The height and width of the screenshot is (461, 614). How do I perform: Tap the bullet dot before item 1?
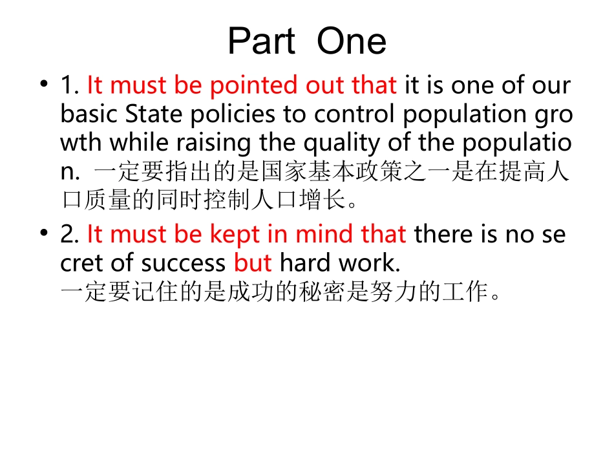pos(43,84)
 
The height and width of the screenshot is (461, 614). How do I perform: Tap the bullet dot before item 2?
pos(43,233)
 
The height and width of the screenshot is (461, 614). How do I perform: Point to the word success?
pos(185,263)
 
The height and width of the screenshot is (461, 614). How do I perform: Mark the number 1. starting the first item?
pos(70,85)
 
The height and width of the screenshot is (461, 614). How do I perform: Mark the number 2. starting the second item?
pos(70,234)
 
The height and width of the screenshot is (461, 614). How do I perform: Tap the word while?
pos(134,142)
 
